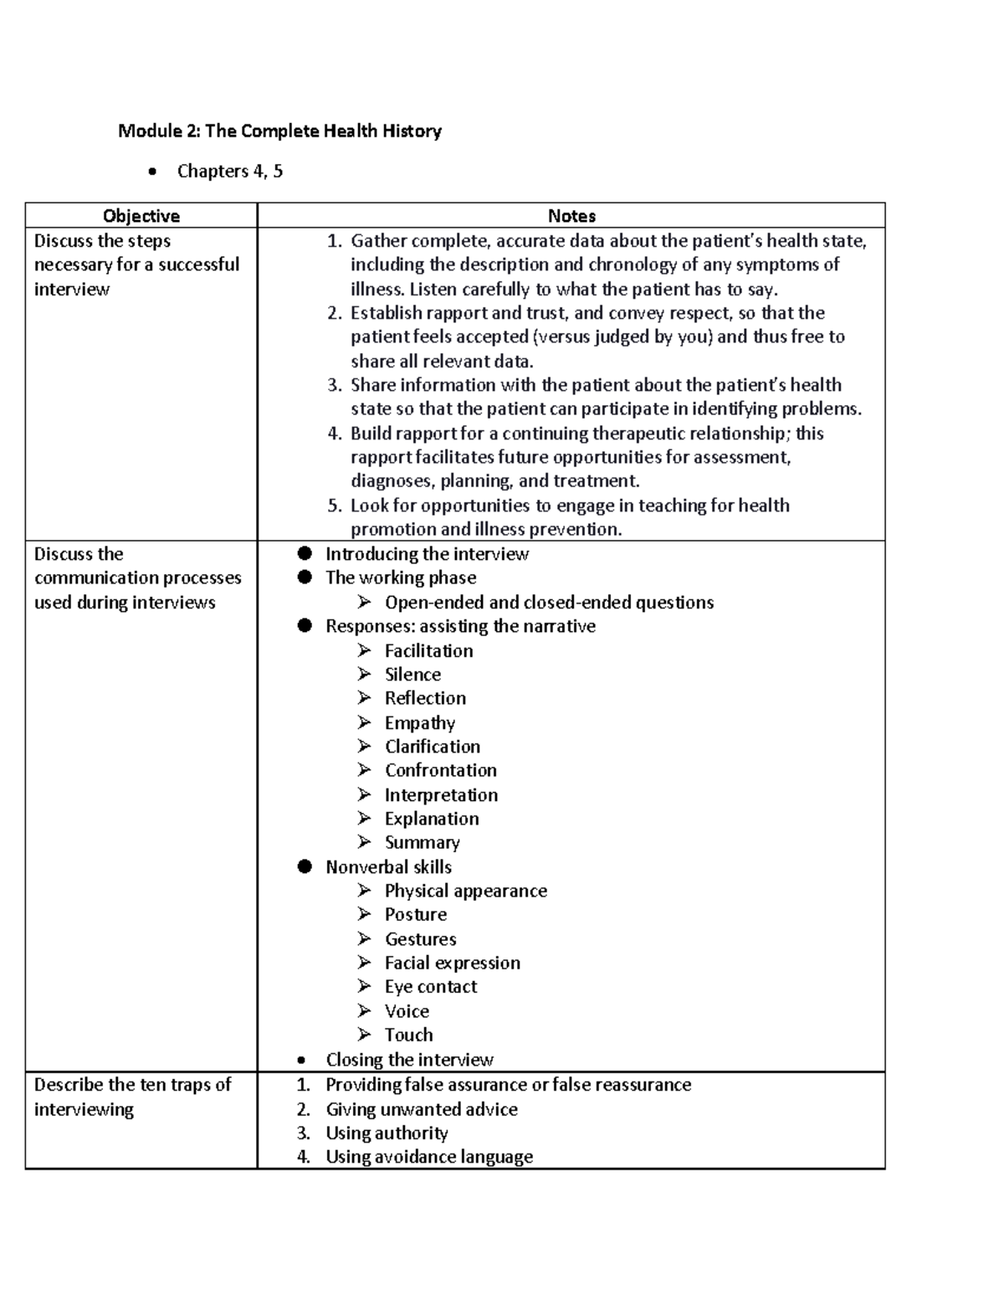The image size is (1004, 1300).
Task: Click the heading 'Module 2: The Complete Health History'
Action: [x=279, y=131]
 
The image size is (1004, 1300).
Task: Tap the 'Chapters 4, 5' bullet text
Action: [x=229, y=172]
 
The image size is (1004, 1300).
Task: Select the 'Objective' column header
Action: [x=141, y=216]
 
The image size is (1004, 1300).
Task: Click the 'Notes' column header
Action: [x=571, y=216]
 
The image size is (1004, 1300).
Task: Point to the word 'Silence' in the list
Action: [x=412, y=675]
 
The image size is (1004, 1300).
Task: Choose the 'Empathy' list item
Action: [x=419, y=723]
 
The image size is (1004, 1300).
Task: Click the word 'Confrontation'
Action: [x=440, y=770]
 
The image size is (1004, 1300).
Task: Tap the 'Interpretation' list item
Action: [x=441, y=795]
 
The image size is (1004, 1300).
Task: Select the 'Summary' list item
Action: [x=422, y=843]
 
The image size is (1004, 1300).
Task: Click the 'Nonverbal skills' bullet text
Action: [x=388, y=867]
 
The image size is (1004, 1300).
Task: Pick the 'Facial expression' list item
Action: [x=452, y=963]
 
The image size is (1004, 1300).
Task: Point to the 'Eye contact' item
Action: [x=430, y=987]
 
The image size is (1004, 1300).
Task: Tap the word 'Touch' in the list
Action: [x=408, y=1035]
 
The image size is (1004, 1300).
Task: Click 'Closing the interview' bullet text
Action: [x=409, y=1060]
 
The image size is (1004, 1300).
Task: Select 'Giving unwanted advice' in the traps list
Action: [x=421, y=1109]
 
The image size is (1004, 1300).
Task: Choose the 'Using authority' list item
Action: [x=387, y=1133]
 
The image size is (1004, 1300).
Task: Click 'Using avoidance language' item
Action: [x=428, y=1157]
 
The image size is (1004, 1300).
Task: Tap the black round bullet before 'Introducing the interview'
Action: [x=305, y=553]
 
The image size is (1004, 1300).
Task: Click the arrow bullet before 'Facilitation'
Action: [x=364, y=650]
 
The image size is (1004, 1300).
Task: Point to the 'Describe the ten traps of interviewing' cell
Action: [x=132, y=1097]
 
